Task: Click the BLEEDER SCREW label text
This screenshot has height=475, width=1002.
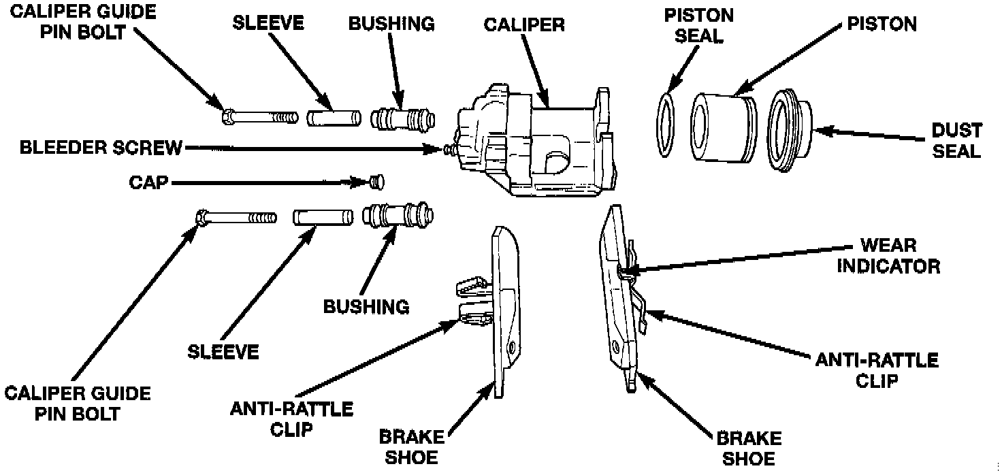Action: tap(101, 148)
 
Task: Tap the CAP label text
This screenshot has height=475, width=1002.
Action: tap(148, 182)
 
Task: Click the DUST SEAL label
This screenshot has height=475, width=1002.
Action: tap(956, 140)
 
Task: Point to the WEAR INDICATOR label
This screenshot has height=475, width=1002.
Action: tap(888, 255)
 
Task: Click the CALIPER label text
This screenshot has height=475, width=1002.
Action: tap(524, 25)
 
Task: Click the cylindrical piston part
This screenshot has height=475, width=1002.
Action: tap(720, 128)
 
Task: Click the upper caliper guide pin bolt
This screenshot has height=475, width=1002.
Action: tap(259, 118)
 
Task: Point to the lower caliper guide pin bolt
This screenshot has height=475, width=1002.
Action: tap(236, 218)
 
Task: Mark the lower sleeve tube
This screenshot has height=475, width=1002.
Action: tap(323, 218)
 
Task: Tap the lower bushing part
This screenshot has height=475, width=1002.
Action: tap(398, 216)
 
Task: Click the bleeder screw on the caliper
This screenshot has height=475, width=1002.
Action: tap(449, 148)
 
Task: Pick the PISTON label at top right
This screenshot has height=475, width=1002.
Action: tap(882, 24)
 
